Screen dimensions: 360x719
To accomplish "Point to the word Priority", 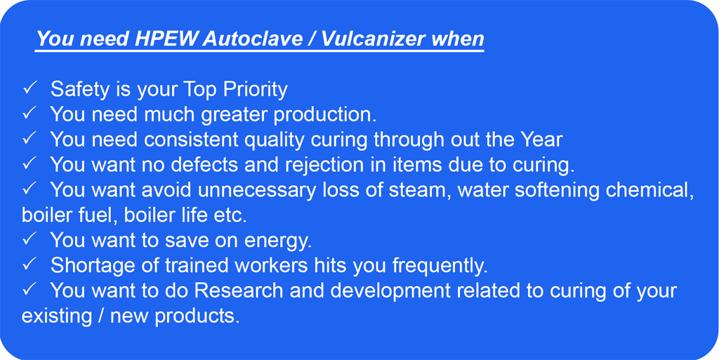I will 256,89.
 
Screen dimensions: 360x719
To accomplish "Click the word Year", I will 541,140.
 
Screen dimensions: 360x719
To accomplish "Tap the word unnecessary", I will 260,190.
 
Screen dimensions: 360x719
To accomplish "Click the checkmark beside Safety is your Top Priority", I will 30,88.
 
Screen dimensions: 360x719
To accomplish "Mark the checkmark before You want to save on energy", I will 30,239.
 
